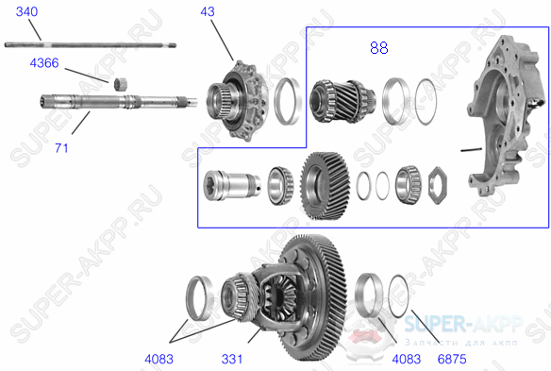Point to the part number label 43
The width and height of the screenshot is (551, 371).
[x=208, y=11]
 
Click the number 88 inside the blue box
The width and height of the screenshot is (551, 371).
[x=377, y=46]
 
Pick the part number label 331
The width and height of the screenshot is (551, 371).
[x=233, y=358]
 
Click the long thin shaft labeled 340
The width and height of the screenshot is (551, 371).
[x=94, y=42]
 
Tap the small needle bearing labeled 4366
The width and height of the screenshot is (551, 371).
[x=121, y=85]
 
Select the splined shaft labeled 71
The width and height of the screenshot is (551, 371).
[x=113, y=103]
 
